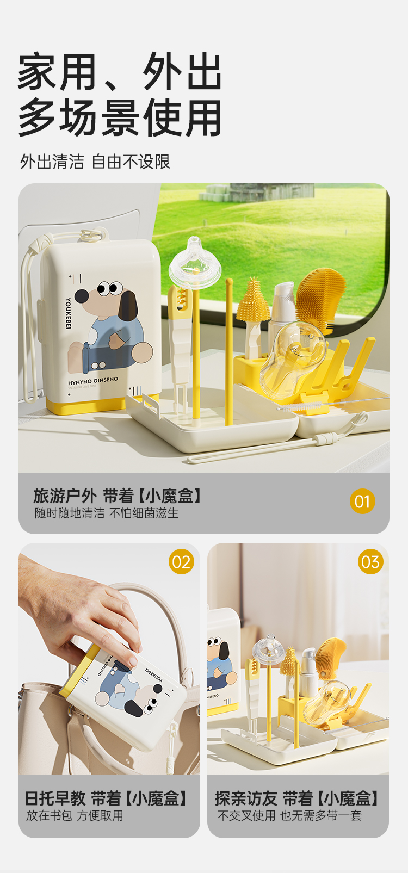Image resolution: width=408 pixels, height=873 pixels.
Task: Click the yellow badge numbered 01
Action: click(x=362, y=501)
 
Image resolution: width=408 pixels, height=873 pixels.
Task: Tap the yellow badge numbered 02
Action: click(x=181, y=562)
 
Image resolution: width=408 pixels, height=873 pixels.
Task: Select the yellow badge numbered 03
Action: click(x=370, y=562)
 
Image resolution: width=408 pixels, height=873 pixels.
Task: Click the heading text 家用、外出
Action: click(x=120, y=71)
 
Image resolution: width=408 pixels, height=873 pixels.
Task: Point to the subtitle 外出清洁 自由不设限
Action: click(x=95, y=162)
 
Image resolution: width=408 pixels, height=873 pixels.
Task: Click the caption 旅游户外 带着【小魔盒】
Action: click(x=118, y=496)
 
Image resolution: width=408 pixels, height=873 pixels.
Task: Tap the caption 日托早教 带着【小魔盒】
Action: click(x=107, y=798)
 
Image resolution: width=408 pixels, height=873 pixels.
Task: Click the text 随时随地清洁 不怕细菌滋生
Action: click(x=107, y=513)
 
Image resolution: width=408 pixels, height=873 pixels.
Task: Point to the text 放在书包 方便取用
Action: click(x=75, y=816)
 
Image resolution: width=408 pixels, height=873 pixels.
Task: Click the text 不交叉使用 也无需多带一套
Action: click(x=289, y=816)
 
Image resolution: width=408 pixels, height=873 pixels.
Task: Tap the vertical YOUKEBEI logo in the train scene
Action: click(x=68, y=313)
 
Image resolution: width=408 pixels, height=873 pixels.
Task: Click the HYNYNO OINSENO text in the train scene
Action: click(x=92, y=380)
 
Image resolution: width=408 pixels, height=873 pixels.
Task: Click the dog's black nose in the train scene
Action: click(x=81, y=296)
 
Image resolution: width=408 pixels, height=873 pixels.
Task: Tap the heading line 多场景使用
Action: click(x=120, y=117)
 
